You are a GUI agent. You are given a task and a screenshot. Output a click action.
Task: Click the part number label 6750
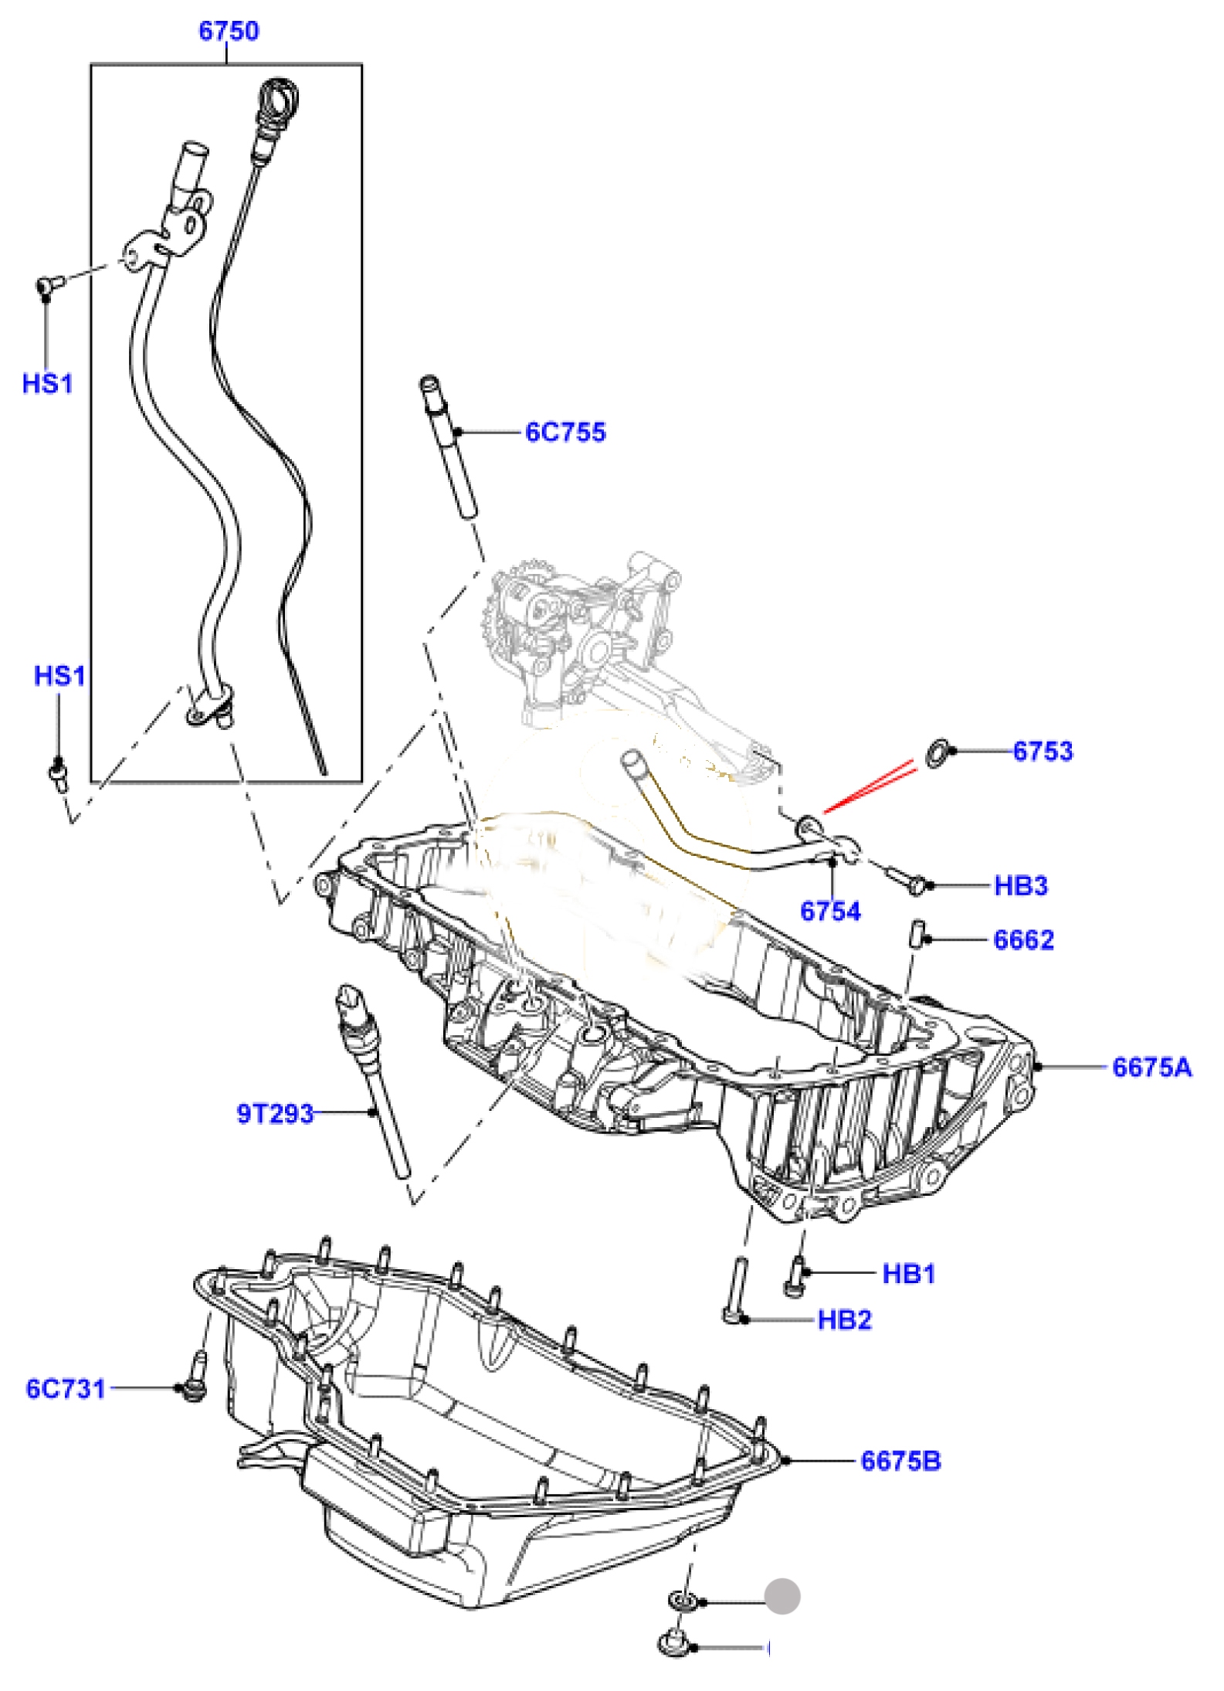pos(229,32)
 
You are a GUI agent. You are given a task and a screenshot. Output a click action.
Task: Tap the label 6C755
pos(565,433)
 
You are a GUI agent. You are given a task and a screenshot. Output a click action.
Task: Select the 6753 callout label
pos(1043,751)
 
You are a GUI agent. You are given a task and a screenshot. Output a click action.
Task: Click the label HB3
pos(1020,885)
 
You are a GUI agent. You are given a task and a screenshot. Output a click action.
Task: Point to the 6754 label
pos(830,912)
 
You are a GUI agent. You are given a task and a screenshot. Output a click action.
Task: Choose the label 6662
pos(1023,940)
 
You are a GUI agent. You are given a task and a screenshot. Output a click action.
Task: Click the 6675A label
pos(1152,1068)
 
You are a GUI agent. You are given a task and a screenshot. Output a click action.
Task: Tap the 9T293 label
pos(275,1114)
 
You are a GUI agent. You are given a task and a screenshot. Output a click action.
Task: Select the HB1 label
pos(909,1274)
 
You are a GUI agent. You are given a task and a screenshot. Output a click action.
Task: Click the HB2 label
pos(845,1320)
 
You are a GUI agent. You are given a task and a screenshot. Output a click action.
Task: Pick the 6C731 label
pos(66,1389)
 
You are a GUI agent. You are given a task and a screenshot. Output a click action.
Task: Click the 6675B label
pos(901,1462)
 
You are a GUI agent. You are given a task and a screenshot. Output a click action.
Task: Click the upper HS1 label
pos(47,383)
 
